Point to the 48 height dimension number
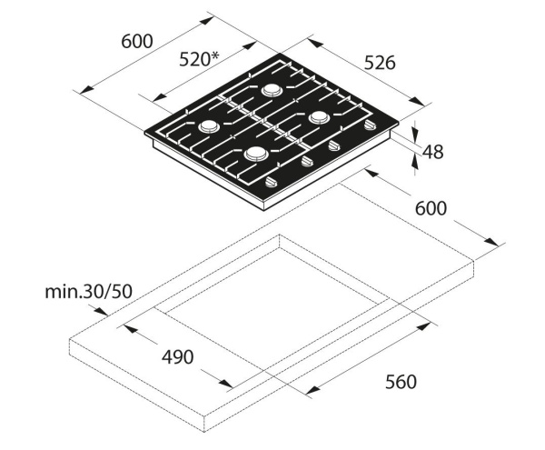(433, 152)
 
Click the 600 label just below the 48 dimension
(431, 207)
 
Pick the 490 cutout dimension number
(177, 357)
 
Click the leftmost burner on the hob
(208, 126)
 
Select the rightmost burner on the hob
(320, 117)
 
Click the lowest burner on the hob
(255, 154)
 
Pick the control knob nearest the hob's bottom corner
(271, 183)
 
